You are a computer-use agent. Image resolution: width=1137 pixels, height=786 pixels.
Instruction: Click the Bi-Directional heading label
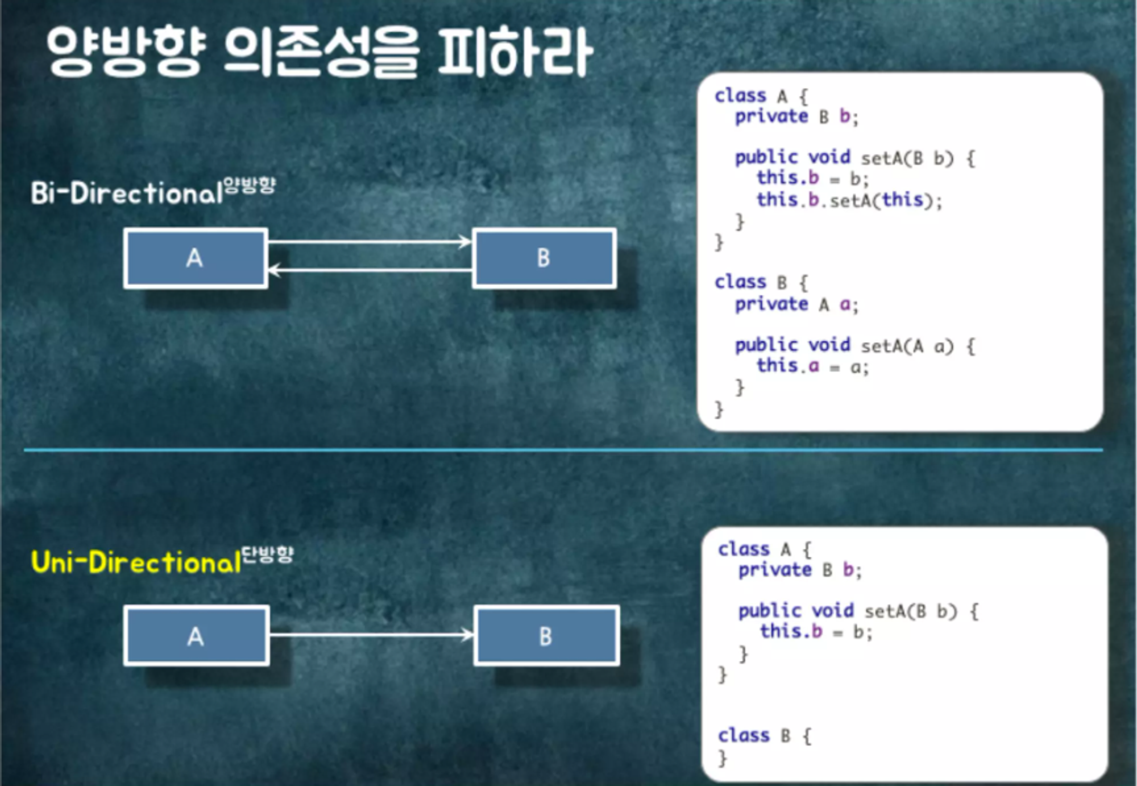pyautogui.click(x=126, y=193)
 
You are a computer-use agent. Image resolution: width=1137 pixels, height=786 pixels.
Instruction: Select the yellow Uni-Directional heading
pyautogui.click(x=136, y=562)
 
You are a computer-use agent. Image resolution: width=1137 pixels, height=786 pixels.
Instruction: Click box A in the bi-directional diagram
pyautogui.click(x=196, y=258)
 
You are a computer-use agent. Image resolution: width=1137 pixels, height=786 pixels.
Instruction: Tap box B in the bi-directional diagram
pyautogui.click(x=544, y=258)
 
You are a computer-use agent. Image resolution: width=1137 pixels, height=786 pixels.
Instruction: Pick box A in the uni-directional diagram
pyautogui.click(x=196, y=636)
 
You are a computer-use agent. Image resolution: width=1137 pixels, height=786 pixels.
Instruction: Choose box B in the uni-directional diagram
pyautogui.click(x=546, y=636)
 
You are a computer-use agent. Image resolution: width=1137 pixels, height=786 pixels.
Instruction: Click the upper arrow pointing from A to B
pyautogui.click(x=370, y=242)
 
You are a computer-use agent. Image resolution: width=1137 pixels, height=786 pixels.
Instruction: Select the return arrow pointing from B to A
pyautogui.click(x=370, y=271)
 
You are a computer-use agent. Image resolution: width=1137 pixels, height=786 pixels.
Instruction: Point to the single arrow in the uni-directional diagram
pyautogui.click(x=371, y=635)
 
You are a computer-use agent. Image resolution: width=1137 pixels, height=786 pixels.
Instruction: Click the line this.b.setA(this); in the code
pyautogui.click(x=849, y=200)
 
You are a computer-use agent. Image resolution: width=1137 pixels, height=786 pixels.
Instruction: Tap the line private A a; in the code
pyautogui.click(x=796, y=305)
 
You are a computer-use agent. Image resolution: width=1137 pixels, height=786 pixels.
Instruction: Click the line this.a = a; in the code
pyautogui.click(x=812, y=366)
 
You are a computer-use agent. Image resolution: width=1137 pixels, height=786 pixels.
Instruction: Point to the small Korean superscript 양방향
pyautogui.click(x=250, y=185)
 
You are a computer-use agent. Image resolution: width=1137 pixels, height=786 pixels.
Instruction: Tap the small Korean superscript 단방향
pyautogui.click(x=268, y=554)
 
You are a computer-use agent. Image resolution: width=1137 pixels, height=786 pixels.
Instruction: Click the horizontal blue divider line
pyautogui.click(x=563, y=450)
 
